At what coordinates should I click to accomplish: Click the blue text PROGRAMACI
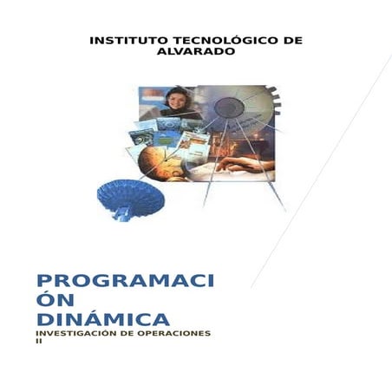(x=125, y=281)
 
